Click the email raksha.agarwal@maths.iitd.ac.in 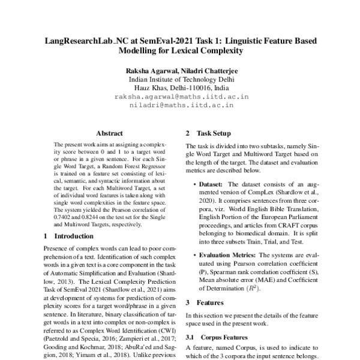pos(181,97)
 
